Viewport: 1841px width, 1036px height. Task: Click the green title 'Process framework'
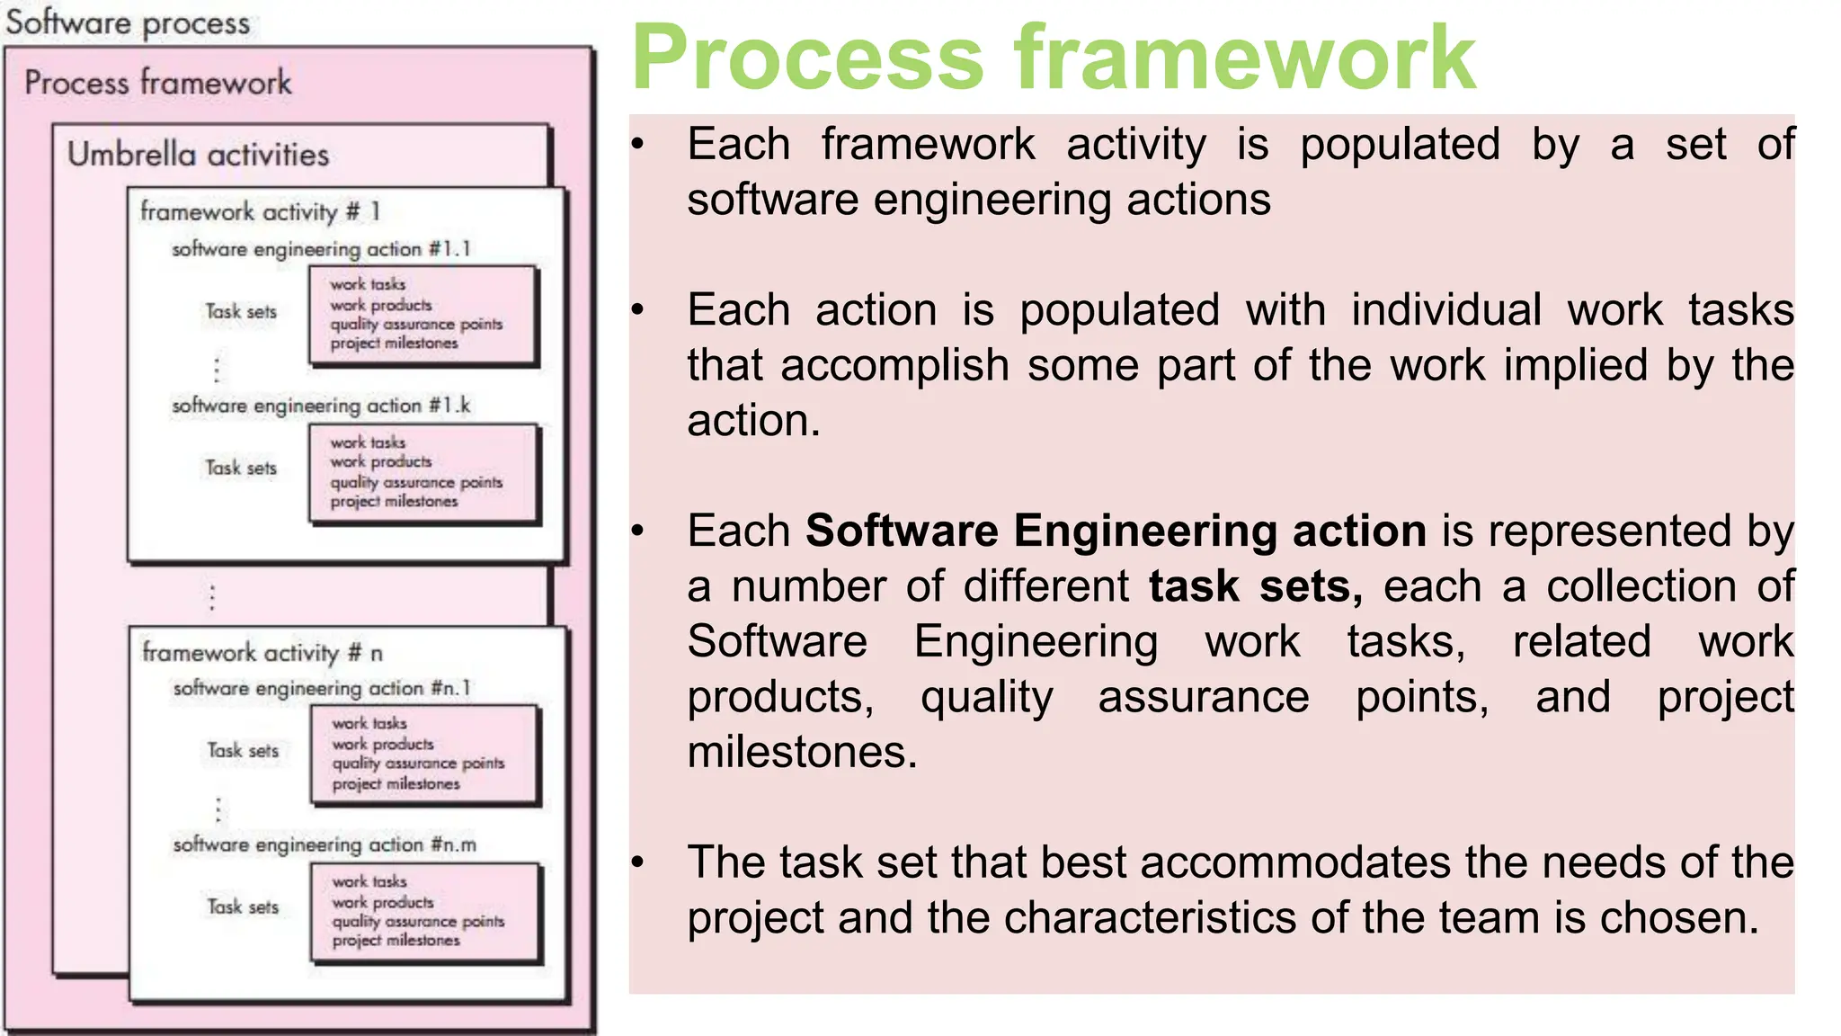[1054, 58]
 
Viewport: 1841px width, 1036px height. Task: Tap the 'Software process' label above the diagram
[128, 23]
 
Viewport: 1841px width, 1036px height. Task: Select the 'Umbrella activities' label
[198, 155]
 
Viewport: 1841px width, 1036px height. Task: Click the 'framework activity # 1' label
[260, 212]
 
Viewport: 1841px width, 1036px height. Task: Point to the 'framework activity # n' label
[262, 653]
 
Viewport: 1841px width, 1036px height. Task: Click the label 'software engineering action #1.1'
[321, 249]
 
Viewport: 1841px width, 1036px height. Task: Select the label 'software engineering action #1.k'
[321, 406]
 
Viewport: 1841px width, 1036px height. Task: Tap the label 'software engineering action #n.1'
[322, 689]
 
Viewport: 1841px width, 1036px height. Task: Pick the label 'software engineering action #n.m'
[325, 845]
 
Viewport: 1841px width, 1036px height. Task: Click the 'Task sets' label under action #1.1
[241, 312]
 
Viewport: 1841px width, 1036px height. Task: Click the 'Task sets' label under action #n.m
[243, 907]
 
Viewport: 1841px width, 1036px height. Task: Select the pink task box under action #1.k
[423, 473]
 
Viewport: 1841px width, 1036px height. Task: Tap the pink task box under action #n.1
[425, 754]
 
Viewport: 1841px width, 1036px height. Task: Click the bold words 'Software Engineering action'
[1116, 531]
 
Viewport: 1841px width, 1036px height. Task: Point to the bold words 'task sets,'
[1255, 587]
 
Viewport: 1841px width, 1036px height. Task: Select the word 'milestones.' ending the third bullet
[802, 753]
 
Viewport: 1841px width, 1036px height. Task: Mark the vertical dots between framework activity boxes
[212, 597]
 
